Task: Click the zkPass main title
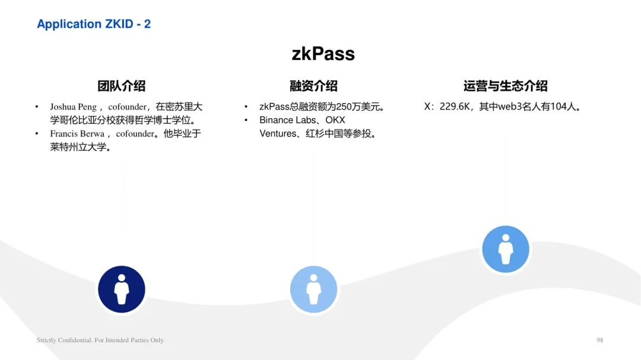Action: pos(323,54)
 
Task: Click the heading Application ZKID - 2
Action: pos(94,24)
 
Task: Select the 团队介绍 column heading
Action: pos(122,86)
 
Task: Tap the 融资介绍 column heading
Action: pos(313,86)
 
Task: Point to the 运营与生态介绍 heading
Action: pos(505,86)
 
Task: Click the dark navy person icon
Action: pos(122,289)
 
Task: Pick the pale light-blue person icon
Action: pos(313,289)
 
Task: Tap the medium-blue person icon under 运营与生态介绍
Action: pos(506,249)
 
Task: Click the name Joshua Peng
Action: pos(73,107)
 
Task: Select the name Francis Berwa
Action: pos(77,133)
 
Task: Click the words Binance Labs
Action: pos(287,120)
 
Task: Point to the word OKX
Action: pos(335,120)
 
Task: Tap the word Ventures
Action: pos(278,133)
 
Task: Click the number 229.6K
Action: pos(455,107)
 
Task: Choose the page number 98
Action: pos(599,340)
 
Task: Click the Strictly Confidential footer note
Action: pos(100,340)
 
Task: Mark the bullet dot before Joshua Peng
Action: pos(37,107)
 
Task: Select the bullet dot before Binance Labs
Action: pos(246,120)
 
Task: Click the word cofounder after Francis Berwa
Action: pos(135,133)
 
